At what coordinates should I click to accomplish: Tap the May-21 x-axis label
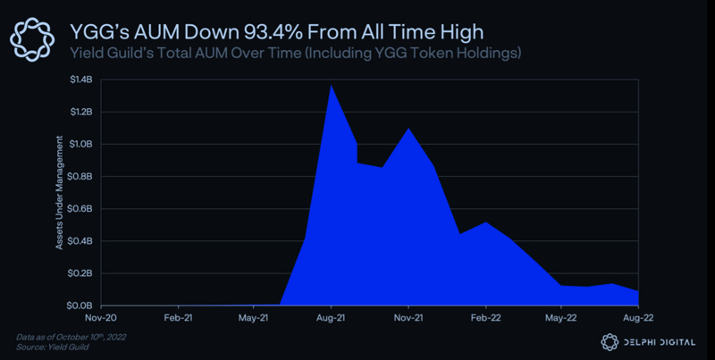pos(254,317)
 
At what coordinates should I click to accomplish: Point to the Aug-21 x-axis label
pos(332,317)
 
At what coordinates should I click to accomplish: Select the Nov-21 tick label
pos(408,317)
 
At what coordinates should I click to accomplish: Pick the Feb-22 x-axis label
pos(484,317)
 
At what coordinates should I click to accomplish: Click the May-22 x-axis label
pos(561,317)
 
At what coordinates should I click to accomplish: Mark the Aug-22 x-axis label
pos(637,317)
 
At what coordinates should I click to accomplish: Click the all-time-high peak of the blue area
pos(332,86)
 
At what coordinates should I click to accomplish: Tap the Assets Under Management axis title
pos(60,192)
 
